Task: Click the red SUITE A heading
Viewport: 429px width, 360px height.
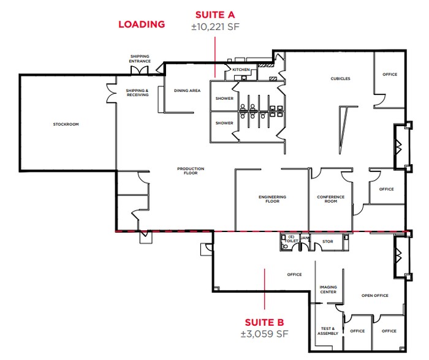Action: [214, 14]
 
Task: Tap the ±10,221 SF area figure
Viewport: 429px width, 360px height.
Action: [214, 26]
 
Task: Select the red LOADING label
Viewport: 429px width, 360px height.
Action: [142, 24]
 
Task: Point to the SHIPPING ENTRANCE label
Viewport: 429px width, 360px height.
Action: [140, 59]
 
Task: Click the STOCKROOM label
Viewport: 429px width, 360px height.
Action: [66, 124]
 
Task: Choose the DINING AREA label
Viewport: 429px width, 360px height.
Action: [187, 91]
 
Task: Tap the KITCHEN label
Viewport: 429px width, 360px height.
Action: [241, 70]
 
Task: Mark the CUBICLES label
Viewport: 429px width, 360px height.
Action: [340, 78]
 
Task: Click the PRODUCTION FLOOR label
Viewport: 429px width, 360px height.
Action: [191, 171]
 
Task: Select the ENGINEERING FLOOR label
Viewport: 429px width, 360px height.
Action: [273, 199]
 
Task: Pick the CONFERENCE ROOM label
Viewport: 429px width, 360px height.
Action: [331, 199]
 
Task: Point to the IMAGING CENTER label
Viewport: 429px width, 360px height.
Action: [328, 289]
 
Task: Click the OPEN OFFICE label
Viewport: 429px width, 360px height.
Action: [375, 296]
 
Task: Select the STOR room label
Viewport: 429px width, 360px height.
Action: [328, 242]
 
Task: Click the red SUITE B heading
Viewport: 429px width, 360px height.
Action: [264, 322]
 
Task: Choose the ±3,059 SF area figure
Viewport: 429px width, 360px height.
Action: [264, 334]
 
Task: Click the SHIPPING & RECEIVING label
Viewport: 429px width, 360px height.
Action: [137, 92]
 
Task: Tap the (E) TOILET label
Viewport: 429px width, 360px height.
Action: [291, 239]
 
